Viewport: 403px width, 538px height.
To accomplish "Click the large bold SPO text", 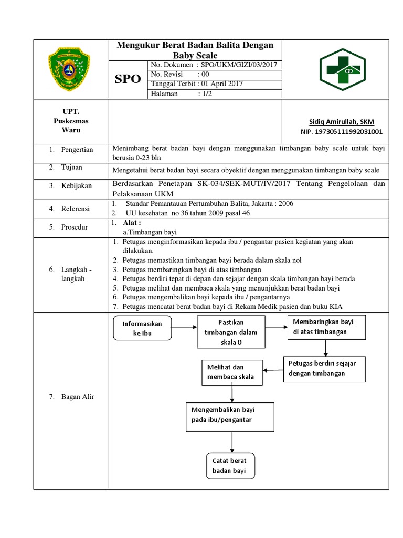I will coord(128,79).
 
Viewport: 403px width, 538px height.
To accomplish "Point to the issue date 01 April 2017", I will coord(221,84).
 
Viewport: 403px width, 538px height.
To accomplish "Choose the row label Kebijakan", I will coord(77,185).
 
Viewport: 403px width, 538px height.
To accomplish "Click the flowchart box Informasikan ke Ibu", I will coord(142,328).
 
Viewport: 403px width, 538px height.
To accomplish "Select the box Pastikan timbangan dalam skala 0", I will coord(230,332).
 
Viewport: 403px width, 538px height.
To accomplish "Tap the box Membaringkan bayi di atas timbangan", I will coord(326,327).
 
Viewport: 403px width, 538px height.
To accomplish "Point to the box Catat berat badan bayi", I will coord(229,466).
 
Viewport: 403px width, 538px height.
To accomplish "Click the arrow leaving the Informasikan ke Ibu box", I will coord(183,328).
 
